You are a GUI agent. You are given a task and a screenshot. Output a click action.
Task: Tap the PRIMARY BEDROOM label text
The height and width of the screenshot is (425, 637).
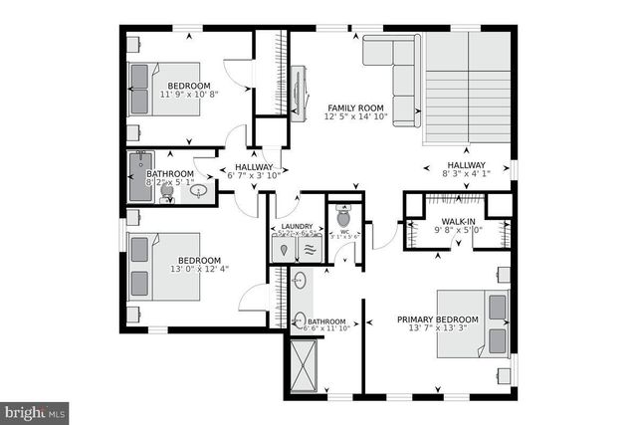coord(438,319)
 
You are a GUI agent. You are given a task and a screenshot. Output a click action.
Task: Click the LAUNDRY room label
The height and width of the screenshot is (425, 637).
coord(297,227)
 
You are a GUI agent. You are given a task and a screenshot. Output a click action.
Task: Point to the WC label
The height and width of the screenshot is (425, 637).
coord(343,229)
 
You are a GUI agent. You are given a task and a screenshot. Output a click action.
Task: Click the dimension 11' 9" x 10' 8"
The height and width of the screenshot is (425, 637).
coord(188,97)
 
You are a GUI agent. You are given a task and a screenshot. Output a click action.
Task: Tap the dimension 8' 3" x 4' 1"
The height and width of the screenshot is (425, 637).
coord(466,176)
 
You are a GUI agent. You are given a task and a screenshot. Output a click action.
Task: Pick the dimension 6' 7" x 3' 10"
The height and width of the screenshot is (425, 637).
coord(254,177)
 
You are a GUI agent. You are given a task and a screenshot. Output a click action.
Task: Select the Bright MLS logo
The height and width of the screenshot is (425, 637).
coord(34,410)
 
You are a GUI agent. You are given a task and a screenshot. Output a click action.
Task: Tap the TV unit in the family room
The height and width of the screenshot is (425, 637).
coord(304,90)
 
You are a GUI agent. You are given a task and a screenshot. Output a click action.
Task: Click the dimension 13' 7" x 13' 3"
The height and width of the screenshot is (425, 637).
coord(438,330)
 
